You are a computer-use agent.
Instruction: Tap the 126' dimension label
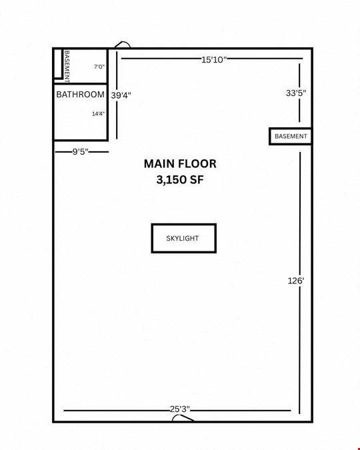point(296,281)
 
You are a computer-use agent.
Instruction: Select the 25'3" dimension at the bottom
point(180,409)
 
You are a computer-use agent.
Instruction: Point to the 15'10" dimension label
point(214,60)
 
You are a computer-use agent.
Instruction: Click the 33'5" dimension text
point(296,93)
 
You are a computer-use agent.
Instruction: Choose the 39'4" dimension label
point(121,95)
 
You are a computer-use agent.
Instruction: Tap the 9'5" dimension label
point(80,151)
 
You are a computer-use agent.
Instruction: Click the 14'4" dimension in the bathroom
point(98,114)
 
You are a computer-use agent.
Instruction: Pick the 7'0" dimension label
point(99,67)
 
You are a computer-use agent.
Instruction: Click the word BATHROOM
point(81,95)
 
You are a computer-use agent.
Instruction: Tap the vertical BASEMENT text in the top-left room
point(67,67)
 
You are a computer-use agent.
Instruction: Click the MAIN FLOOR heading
point(180,164)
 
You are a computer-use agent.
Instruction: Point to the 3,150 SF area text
point(180,180)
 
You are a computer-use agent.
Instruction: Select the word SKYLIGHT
point(183,238)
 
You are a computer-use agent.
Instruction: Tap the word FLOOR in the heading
point(197,164)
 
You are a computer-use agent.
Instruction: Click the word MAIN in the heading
point(159,164)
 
